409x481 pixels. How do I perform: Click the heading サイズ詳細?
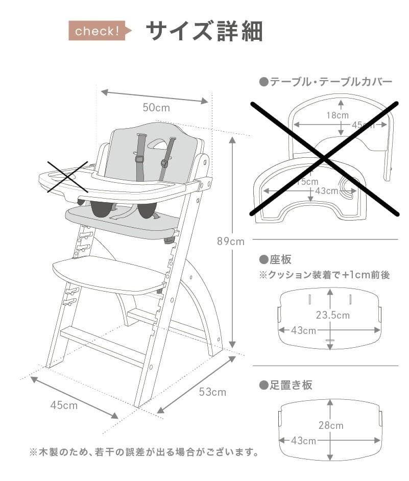pyautogui.click(x=204, y=31)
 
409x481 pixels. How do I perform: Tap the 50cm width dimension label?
pyautogui.click(x=156, y=108)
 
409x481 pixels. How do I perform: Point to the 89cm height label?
pyautogui.click(x=230, y=242)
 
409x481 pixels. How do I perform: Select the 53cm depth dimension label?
pyautogui.click(x=212, y=392)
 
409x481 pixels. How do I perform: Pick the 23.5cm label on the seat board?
pyautogui.click(x=333, y=315)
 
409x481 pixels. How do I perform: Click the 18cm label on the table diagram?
pyautogui.click(x=338, y=115)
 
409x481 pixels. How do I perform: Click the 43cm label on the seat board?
pyautogui.click(x=303, y=330)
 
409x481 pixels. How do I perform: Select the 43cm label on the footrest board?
pyautogui.click(x=303, y=440)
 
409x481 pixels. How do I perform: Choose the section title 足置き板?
pyautogui.click(x=286, y=384)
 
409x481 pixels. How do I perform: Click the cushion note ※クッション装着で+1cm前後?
pyautogui.click(x=324, y=275)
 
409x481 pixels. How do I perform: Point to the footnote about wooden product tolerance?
pyautogui.click(x=143, y=452)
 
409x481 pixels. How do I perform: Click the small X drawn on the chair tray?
pyautogui.click(x=67, y=177)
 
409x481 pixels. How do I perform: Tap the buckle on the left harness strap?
pyautogui.click(x=139, y=159)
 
